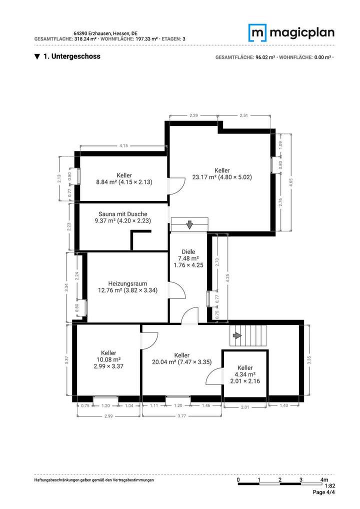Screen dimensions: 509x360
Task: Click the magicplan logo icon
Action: [x=257, y=33]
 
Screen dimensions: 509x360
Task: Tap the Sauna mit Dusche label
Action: [x=122, y=216]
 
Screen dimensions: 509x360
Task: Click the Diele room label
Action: [x=188, y=258]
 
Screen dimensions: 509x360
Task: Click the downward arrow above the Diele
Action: [x=189, y=224]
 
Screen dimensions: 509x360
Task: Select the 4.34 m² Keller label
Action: [x=245, y=374]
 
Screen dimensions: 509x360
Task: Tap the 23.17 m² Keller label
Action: [x=221, y=172]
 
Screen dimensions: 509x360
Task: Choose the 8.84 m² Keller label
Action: [x=124, y=178]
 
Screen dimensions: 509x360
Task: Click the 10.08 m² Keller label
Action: [x=108, y=359]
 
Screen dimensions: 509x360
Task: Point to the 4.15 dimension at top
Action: [x=123, y=145]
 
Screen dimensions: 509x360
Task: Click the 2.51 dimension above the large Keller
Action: [x=243, y=115]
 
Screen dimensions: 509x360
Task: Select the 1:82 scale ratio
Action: [x=329, y=485]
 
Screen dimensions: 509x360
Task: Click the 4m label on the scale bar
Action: [x=324, y=479]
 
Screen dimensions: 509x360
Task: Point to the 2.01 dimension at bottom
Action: [x=245, y=407]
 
